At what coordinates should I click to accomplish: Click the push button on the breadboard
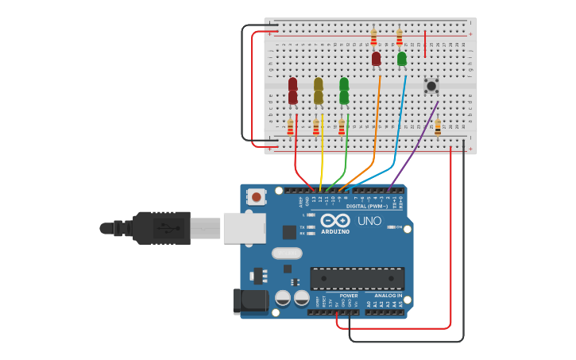point(431,86)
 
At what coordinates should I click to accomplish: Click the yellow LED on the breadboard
point(319,91)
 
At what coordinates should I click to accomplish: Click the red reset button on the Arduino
point(257,196)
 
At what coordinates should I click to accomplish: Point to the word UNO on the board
point(369,221)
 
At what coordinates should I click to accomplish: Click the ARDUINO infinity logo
point(334,222)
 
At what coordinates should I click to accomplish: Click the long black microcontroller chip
point(357,279)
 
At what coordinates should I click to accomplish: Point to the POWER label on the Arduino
point(349,295)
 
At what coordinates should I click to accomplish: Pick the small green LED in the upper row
point(402,58)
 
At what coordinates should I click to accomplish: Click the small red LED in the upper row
point(377,58)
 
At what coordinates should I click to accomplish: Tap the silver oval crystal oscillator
point(286,254)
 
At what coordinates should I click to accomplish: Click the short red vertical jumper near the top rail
point(425,44)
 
